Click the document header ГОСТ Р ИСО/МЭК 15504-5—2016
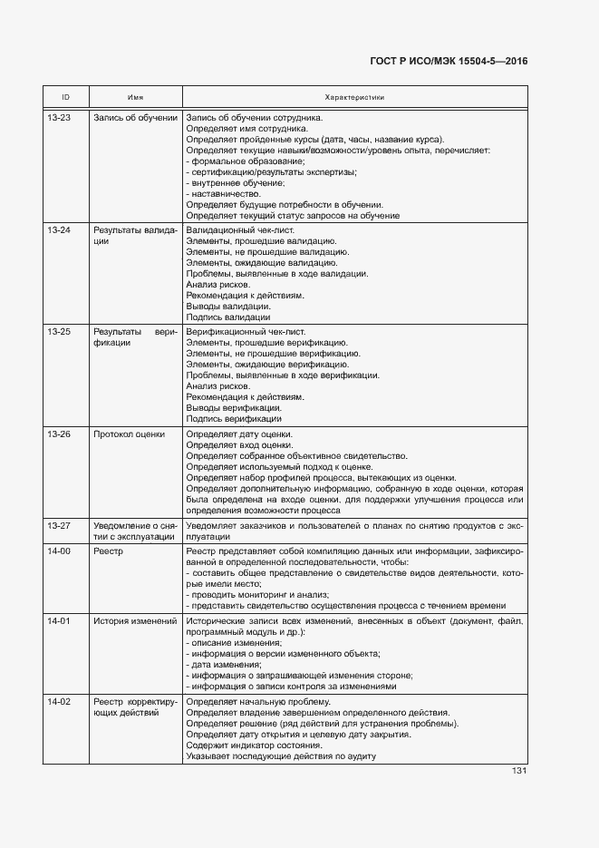449,62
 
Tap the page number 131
519,771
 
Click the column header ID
65,97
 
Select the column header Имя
135,97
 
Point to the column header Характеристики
354,97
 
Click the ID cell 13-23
59,118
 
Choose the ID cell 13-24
59,230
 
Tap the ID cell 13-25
59,332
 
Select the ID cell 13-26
59,434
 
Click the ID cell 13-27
59,525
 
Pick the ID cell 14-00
59,551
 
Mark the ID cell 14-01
59,621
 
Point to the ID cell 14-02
59,702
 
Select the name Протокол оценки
129,434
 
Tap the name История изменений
135,621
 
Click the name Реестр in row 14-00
109,551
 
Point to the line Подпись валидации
227,317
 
